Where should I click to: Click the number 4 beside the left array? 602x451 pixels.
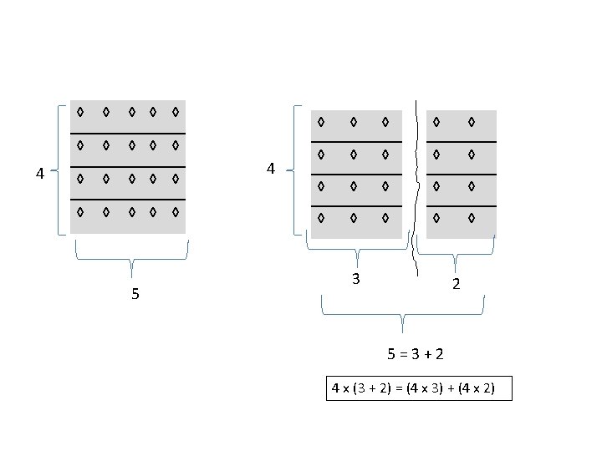(x=39, y=174)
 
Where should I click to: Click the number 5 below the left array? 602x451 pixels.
(x=135, y=295)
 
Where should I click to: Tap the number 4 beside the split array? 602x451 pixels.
(x=271, y=170)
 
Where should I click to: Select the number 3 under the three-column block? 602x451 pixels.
(x=356, y=279)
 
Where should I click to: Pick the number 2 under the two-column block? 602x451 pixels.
(x=456, y=284)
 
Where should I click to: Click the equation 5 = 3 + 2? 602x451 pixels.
(x=416, y=354)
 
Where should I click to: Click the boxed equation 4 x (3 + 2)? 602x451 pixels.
(x=418, y=388)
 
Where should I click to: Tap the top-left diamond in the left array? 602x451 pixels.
(x=79, y=111)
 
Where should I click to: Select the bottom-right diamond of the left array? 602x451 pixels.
(x=176, y=212)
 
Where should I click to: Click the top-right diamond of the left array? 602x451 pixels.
(x=176, y=111)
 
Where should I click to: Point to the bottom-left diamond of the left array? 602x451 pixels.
(x=79, y=212)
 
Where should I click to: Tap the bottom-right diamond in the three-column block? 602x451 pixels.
(x=385, y=219)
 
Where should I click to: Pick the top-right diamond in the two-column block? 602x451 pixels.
(x=472, y=123)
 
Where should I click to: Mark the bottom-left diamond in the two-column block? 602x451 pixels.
(x=436, y=219)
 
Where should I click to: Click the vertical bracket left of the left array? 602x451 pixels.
(x=59, y=170)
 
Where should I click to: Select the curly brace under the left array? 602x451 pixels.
(x=132, y=259)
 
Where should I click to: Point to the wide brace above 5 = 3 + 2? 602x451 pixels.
(x=403, y=316)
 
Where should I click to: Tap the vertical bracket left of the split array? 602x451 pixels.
(x=295, y=170)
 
